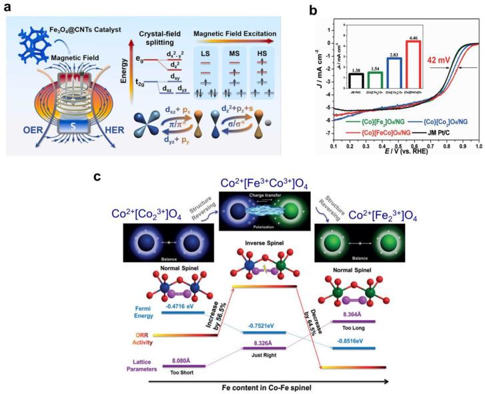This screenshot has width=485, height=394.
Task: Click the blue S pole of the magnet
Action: click(x=81, y=127)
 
